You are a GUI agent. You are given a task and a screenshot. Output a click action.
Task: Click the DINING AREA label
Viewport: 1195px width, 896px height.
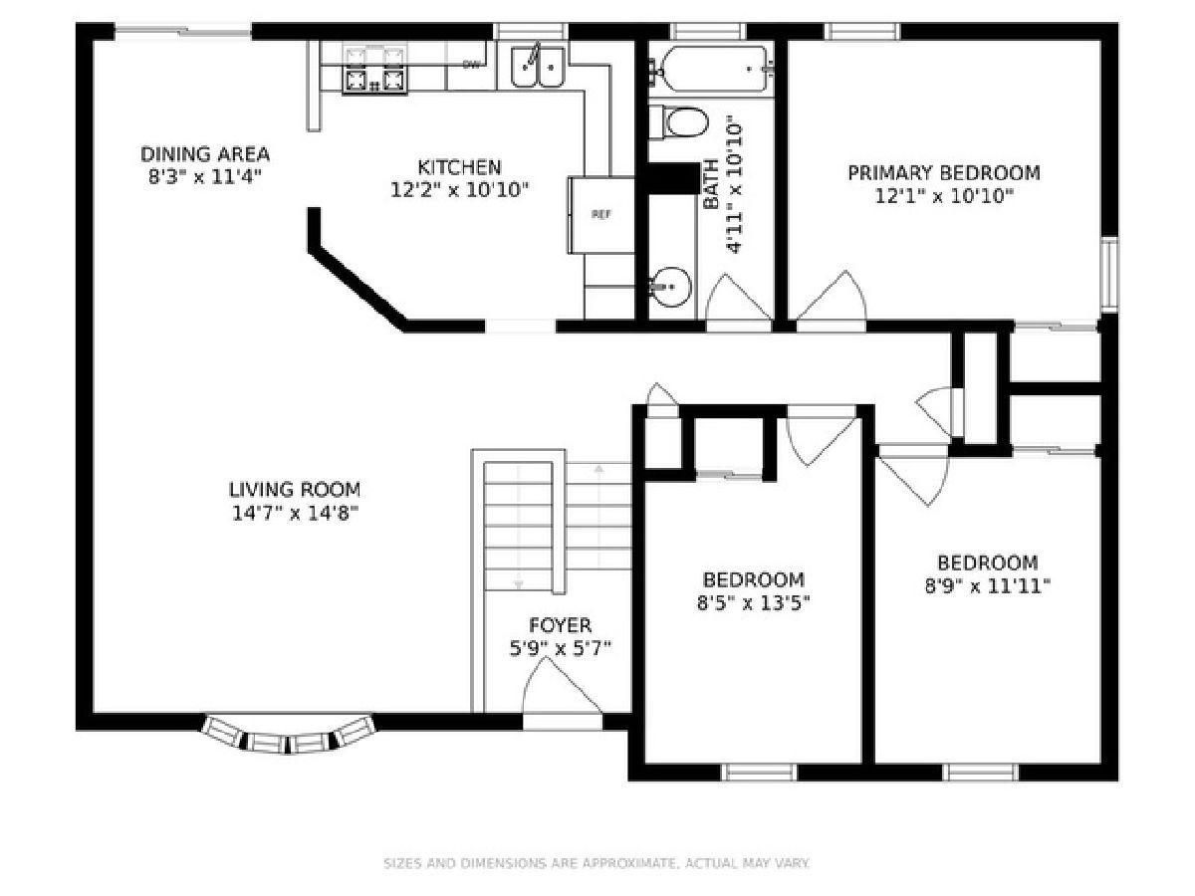click(205, 154)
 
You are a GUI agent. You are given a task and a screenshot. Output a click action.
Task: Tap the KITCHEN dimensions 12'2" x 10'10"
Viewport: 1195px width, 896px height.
click(459, 190)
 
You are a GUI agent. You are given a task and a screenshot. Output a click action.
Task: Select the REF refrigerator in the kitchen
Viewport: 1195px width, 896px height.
click(601, 215)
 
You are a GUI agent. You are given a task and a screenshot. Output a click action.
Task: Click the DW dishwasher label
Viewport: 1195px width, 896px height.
click(471, 66)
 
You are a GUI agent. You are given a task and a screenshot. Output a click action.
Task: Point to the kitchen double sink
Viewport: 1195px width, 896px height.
click(538, 68)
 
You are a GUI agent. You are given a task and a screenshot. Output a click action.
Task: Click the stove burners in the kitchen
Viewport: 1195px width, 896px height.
click(374, 70)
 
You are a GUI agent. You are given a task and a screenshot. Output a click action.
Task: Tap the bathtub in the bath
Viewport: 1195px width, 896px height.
click(712, 69)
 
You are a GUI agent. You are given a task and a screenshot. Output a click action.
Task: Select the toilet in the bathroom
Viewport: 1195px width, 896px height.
click(678, 122)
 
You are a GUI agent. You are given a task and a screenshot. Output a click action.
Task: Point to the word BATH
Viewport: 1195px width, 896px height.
click(711, 184)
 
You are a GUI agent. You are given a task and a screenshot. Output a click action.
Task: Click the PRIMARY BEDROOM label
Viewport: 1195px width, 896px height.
click(943, 173)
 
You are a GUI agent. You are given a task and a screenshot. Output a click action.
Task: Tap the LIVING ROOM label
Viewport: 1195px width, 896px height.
click(295, 490)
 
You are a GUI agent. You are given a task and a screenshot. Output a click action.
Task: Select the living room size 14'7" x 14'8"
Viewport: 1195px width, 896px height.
click(296, 513)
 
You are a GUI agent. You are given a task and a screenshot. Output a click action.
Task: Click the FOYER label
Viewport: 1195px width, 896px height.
click(560, 625)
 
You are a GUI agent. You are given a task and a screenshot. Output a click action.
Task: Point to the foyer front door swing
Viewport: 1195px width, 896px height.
click(561, 687)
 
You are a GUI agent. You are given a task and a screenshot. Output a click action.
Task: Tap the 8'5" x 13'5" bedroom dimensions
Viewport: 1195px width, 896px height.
click(754, 602)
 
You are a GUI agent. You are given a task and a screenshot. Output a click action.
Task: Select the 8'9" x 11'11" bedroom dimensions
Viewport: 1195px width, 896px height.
click(987, 586)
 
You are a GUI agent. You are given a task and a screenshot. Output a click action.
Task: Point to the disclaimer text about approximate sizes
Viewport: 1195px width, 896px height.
click(597, 863)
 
